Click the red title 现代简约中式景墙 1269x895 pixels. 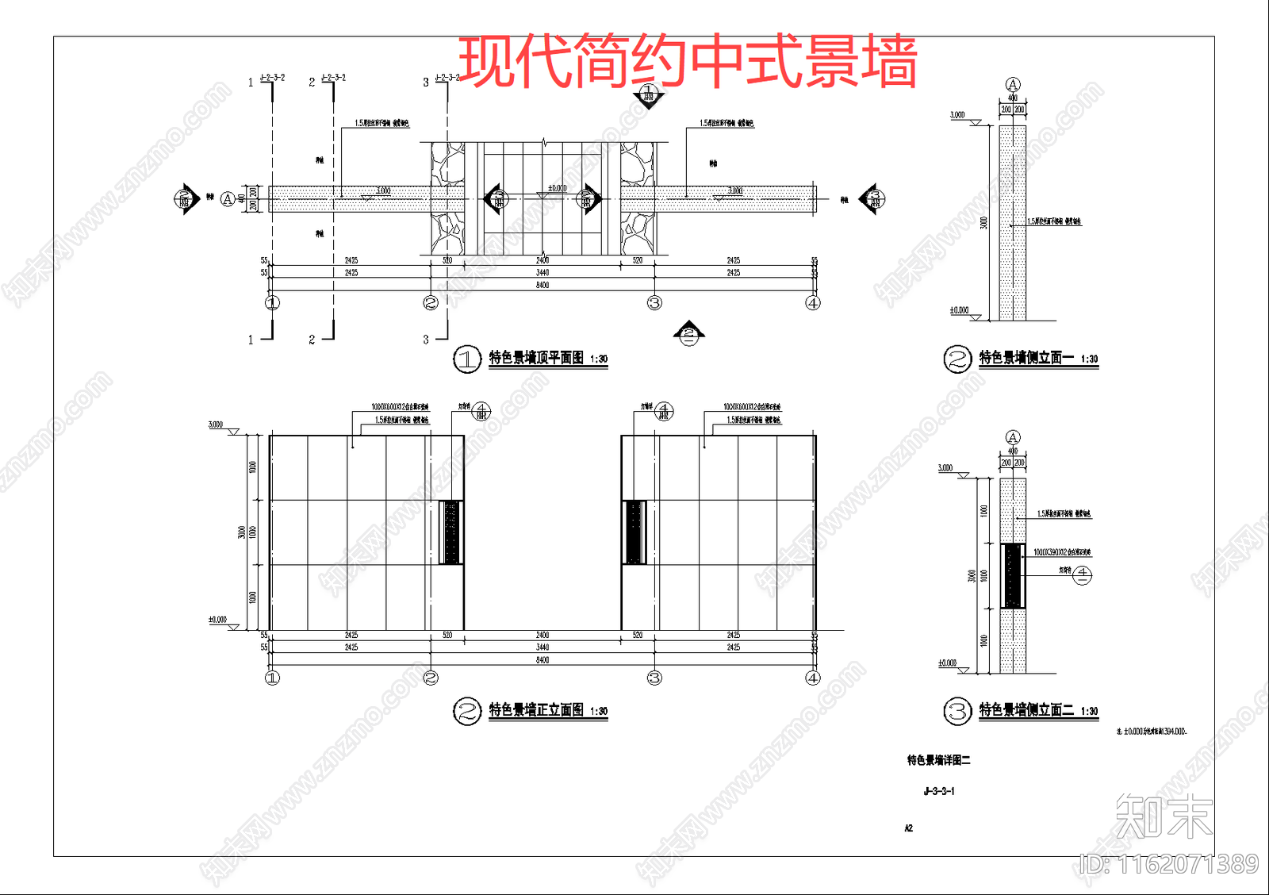tap(687, 62)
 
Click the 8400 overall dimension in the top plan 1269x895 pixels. tap(542, 285)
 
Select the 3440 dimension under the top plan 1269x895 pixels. tap(542, 273)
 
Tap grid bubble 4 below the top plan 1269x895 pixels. tap(813, 302)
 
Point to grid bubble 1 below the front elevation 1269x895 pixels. tap(272, 678)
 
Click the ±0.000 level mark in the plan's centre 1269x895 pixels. tap(558, 189)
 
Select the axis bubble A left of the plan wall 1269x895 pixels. tap(228, 199)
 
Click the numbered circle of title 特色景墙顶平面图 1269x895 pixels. tap(467, 359)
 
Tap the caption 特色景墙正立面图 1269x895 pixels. tap(536, 710)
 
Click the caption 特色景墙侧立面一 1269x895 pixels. tap(1026, 358)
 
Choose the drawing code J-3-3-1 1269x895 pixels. tap(939, 791)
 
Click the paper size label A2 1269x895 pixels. tap(909, 828)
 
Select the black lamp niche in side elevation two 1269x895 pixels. tap(1013, 576)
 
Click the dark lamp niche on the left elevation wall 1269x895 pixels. tap(451, 532)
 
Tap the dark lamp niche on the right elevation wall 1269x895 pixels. tap(634, 532)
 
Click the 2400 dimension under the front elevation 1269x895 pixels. tap(542, 636)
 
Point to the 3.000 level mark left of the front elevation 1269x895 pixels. tap(216, 425)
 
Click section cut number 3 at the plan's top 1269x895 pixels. tap(426, 83)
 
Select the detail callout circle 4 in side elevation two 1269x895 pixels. tap(1083, 576)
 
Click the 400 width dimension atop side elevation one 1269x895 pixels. tap(1013, 98)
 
